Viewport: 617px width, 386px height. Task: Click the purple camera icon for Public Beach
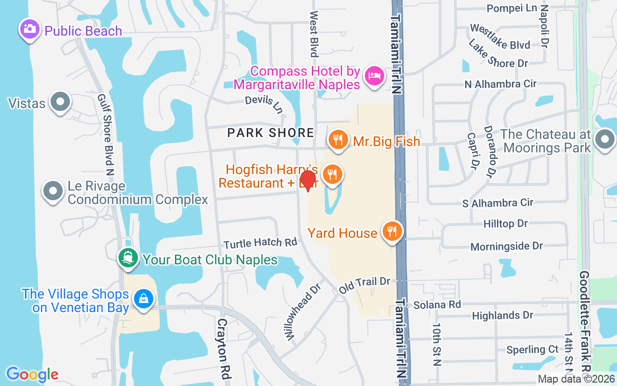(x=30, y=28)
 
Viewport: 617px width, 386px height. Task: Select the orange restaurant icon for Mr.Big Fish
(x=338, y=139)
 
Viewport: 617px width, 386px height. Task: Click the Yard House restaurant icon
(x=392, y=231)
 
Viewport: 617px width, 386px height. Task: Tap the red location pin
(x=308, y=180)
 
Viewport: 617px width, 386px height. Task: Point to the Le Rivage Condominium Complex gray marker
(x=54, y=191)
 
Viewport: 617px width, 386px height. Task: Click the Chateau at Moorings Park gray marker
(x=605, y=140)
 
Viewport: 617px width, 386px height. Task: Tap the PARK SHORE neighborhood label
(x=270, y=133)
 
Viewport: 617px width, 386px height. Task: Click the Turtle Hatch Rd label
(x=260, y=242)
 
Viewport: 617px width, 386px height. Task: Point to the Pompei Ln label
(x=511, y=8)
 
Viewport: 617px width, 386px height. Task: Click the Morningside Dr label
(x=507, y=246)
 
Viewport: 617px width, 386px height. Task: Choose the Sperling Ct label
(x=532, y=349)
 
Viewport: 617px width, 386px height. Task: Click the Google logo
(x=32, y=374)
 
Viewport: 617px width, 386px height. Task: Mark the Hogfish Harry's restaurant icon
(x=332, y=174)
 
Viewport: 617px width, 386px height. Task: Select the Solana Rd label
(x=437, y=304)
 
